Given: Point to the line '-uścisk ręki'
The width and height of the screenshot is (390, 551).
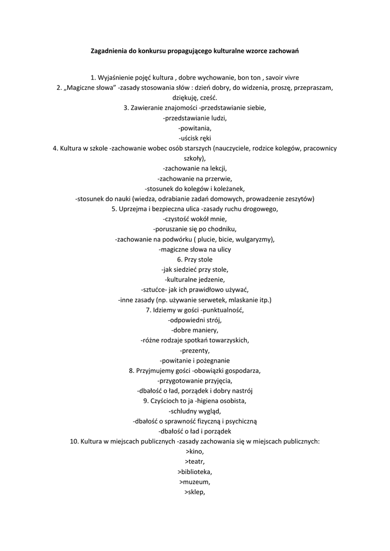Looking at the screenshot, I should coord(195,138).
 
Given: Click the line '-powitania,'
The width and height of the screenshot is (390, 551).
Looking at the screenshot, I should coord(195,128).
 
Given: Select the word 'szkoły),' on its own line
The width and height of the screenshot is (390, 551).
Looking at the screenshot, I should coord(195,158).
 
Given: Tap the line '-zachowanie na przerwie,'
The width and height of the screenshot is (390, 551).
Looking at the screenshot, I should coord(195,178).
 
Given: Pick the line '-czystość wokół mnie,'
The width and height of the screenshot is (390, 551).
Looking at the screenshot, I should coord(195,219).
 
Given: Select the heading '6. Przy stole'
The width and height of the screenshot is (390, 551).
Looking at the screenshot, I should coord(195,259).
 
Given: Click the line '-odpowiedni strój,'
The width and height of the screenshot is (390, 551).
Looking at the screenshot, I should coord(195,320).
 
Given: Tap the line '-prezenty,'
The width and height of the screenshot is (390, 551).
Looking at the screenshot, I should coord(195,350).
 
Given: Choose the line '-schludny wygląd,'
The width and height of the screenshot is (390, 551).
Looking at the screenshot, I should coord(195,411).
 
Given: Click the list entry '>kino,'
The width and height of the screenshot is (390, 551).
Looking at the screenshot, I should coord(195,451).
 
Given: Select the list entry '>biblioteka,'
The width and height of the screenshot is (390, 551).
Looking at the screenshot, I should coord(195,472).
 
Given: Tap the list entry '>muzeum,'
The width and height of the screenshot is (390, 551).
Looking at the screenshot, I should coord(195,482).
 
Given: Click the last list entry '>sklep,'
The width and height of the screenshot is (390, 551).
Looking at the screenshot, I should coord(195,492).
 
